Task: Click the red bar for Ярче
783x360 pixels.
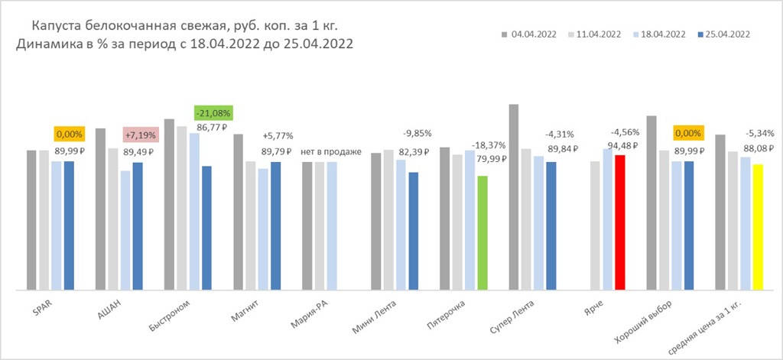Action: (620, 222)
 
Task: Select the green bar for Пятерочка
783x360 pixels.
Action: (482, 232)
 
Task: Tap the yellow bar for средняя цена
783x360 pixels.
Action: (758, 226)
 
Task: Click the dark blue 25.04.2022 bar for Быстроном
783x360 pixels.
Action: (206, 227)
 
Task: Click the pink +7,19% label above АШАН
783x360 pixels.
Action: (141, 135)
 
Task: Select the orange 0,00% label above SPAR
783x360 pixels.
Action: (70, 135)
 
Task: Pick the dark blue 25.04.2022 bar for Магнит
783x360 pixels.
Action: (275, 225)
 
